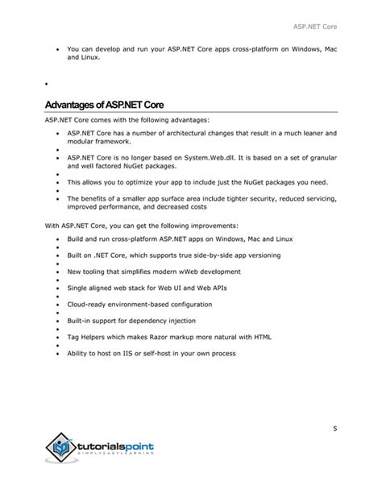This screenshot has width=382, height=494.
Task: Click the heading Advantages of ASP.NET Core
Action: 105,105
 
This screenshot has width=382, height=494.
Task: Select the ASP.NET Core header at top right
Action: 316,27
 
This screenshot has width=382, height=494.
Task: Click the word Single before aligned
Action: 79,288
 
